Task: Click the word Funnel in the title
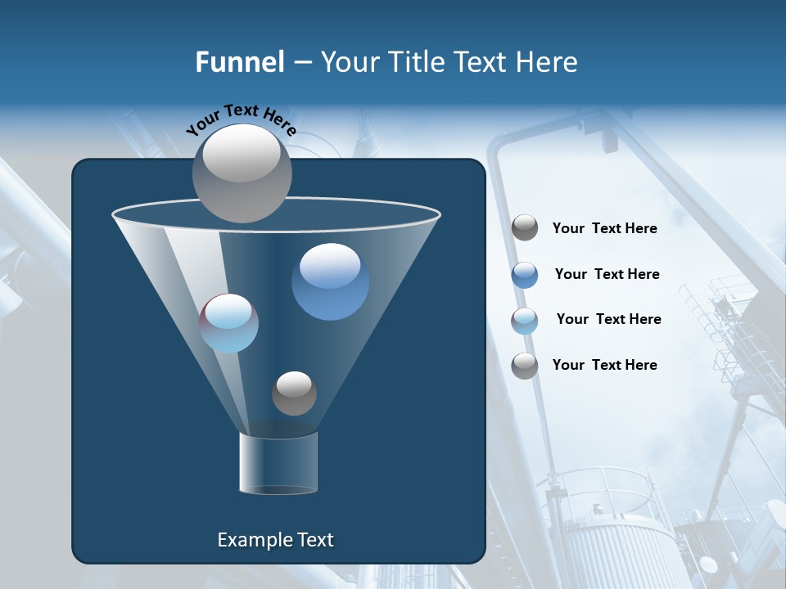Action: (239, 62)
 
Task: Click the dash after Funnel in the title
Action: (301, 63)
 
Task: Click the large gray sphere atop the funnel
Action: (242, 173)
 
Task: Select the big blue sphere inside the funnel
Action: (330, 281)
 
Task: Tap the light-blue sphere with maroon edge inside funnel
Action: (229, 323)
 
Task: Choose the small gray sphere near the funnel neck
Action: (294, 393)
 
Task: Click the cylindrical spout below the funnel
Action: (278, 463)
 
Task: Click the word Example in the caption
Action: (248, 540)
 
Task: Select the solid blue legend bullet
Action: (525, 275)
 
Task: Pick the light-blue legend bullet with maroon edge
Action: (525, 321)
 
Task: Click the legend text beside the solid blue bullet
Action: (607, 274)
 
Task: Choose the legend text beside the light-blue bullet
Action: (608, 319)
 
